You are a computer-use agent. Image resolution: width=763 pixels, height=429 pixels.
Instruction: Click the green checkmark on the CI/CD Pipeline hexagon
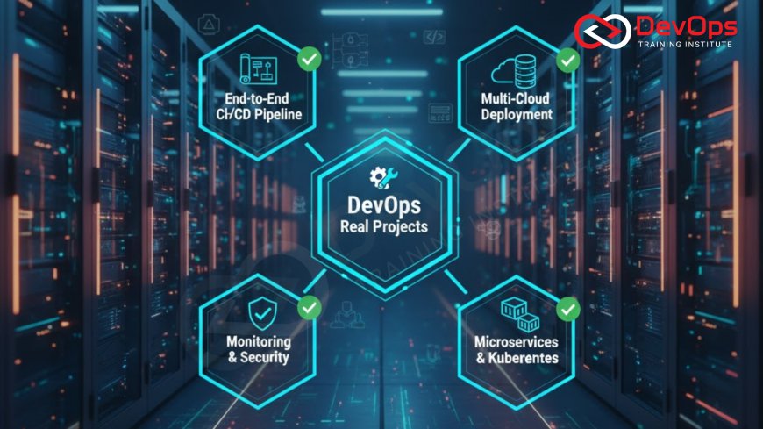tap(308, 61)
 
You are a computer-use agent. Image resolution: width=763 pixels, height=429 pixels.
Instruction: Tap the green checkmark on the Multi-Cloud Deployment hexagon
tap(567, 61)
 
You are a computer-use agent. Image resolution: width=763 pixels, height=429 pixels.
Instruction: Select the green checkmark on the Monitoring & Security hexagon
tap(308, 307)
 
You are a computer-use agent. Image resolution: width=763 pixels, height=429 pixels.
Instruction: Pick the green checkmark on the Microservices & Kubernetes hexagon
tap(568, 309)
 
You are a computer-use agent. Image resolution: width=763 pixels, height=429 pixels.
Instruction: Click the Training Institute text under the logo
tap(685, 44)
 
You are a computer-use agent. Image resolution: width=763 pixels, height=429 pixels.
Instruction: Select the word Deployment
tap(522, 115)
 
